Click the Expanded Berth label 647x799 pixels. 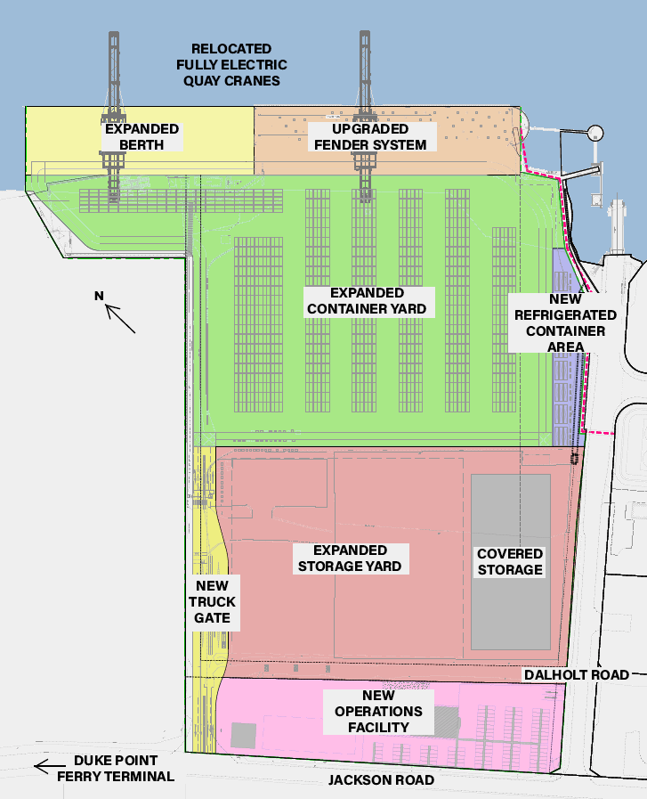coord(142,136)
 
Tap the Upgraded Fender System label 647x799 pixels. coord(368,136)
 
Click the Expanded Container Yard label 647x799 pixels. coord(367,301)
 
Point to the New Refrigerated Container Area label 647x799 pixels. coord(565,323)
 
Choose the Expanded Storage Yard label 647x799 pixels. coord(350,558)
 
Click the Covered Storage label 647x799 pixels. coord(509,561)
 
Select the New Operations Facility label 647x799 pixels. coord(379,711)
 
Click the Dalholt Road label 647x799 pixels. coord(589,674)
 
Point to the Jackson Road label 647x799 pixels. coord(381,780)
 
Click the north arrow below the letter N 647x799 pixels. coord(121,319)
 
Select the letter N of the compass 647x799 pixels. coord(101,296)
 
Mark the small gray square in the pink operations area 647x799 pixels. coord(243,735)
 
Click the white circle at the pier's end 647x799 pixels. coord(594,134)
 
